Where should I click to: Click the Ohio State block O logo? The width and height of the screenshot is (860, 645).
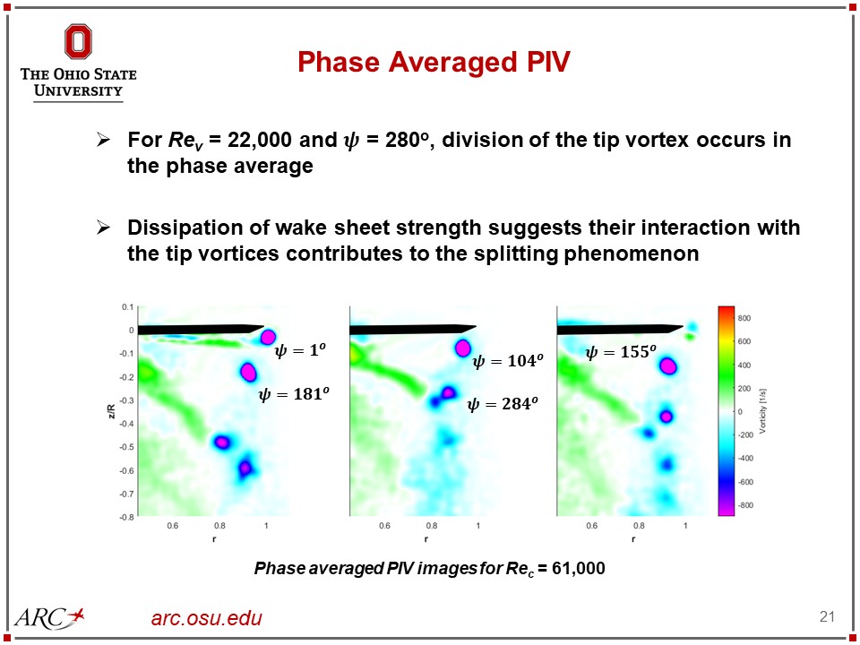pyautogui.click(x=78, y=42)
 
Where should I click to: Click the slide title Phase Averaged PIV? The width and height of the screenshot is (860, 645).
pyautogui.click(x=434, y=62)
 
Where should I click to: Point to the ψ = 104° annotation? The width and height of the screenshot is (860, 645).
pyautogui.click(x=507, y=361)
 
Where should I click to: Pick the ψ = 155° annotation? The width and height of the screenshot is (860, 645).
pyautogui.click(x=621, y=353)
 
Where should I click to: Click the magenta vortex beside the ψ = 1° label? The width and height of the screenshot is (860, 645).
pyautogui.click(x=267, y=337)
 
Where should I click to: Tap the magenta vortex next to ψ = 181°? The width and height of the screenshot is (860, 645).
pyautogui.click(x=249, y=370)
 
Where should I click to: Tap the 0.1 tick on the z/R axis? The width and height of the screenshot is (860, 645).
pyautogui.click(x=127, y=306)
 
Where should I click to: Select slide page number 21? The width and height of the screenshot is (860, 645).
pyautogui.click(x=827, y=616)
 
